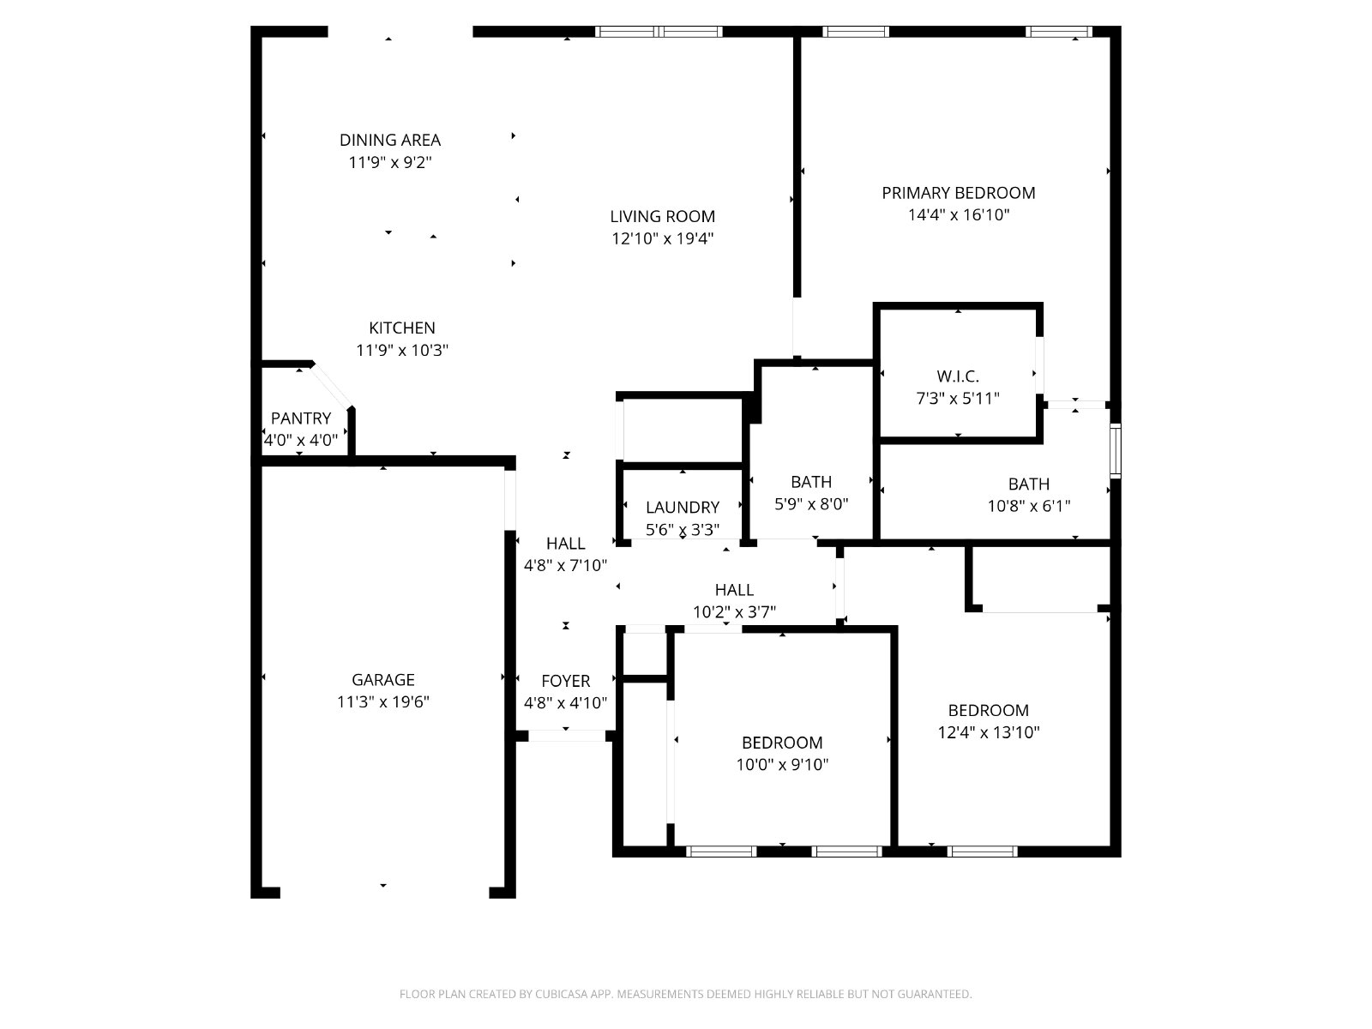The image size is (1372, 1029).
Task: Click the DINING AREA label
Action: coord(389,140)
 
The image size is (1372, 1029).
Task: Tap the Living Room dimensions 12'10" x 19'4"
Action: coord(662,238)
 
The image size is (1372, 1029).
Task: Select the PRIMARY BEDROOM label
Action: coord(958,193)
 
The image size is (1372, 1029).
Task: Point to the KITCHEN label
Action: coord(401,328)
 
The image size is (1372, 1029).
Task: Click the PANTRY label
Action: coord(301,418)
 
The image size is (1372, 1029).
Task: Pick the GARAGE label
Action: coord(383,680)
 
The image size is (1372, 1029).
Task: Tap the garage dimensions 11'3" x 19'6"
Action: coord(383,701)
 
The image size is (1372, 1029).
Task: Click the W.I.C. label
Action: coord(958,376)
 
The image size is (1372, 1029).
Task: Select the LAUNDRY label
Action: coord(683,508)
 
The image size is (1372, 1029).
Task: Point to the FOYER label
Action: coord(566,681)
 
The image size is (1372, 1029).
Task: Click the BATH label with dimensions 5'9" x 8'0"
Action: coord(811,482)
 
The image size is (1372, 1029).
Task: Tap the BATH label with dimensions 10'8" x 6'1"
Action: coord(1029,484)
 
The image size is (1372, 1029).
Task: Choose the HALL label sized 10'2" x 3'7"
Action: coord(734,590)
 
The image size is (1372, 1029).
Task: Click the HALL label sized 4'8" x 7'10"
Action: coord(566,544)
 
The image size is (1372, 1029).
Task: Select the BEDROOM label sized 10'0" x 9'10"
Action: coord(782,743)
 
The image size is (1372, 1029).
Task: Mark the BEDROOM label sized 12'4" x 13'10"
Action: coord(988,710)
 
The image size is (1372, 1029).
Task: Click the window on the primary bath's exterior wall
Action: coord(1115,450)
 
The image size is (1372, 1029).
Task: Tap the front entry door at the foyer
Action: coord(567,736)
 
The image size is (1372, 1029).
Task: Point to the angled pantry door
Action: coord(332,386)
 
